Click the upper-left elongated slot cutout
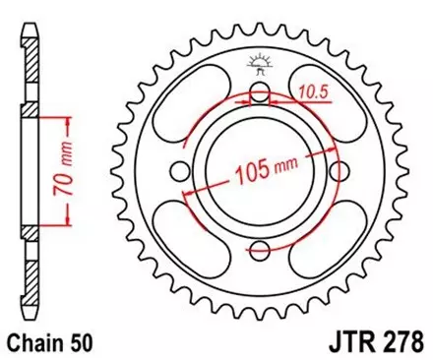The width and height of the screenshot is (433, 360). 194,106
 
